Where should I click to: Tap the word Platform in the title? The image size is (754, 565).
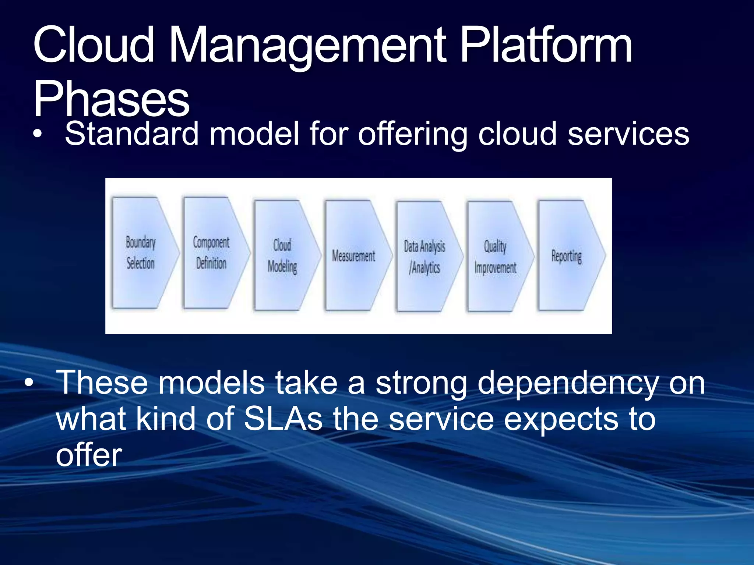[546, 46]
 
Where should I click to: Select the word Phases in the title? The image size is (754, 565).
[112, 99]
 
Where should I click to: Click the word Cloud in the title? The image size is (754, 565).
[94, 46]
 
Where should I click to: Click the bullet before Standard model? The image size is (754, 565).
[37, 135]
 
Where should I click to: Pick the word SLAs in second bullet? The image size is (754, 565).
[283, 419]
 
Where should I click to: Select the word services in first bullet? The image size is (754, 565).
[628, 134]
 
